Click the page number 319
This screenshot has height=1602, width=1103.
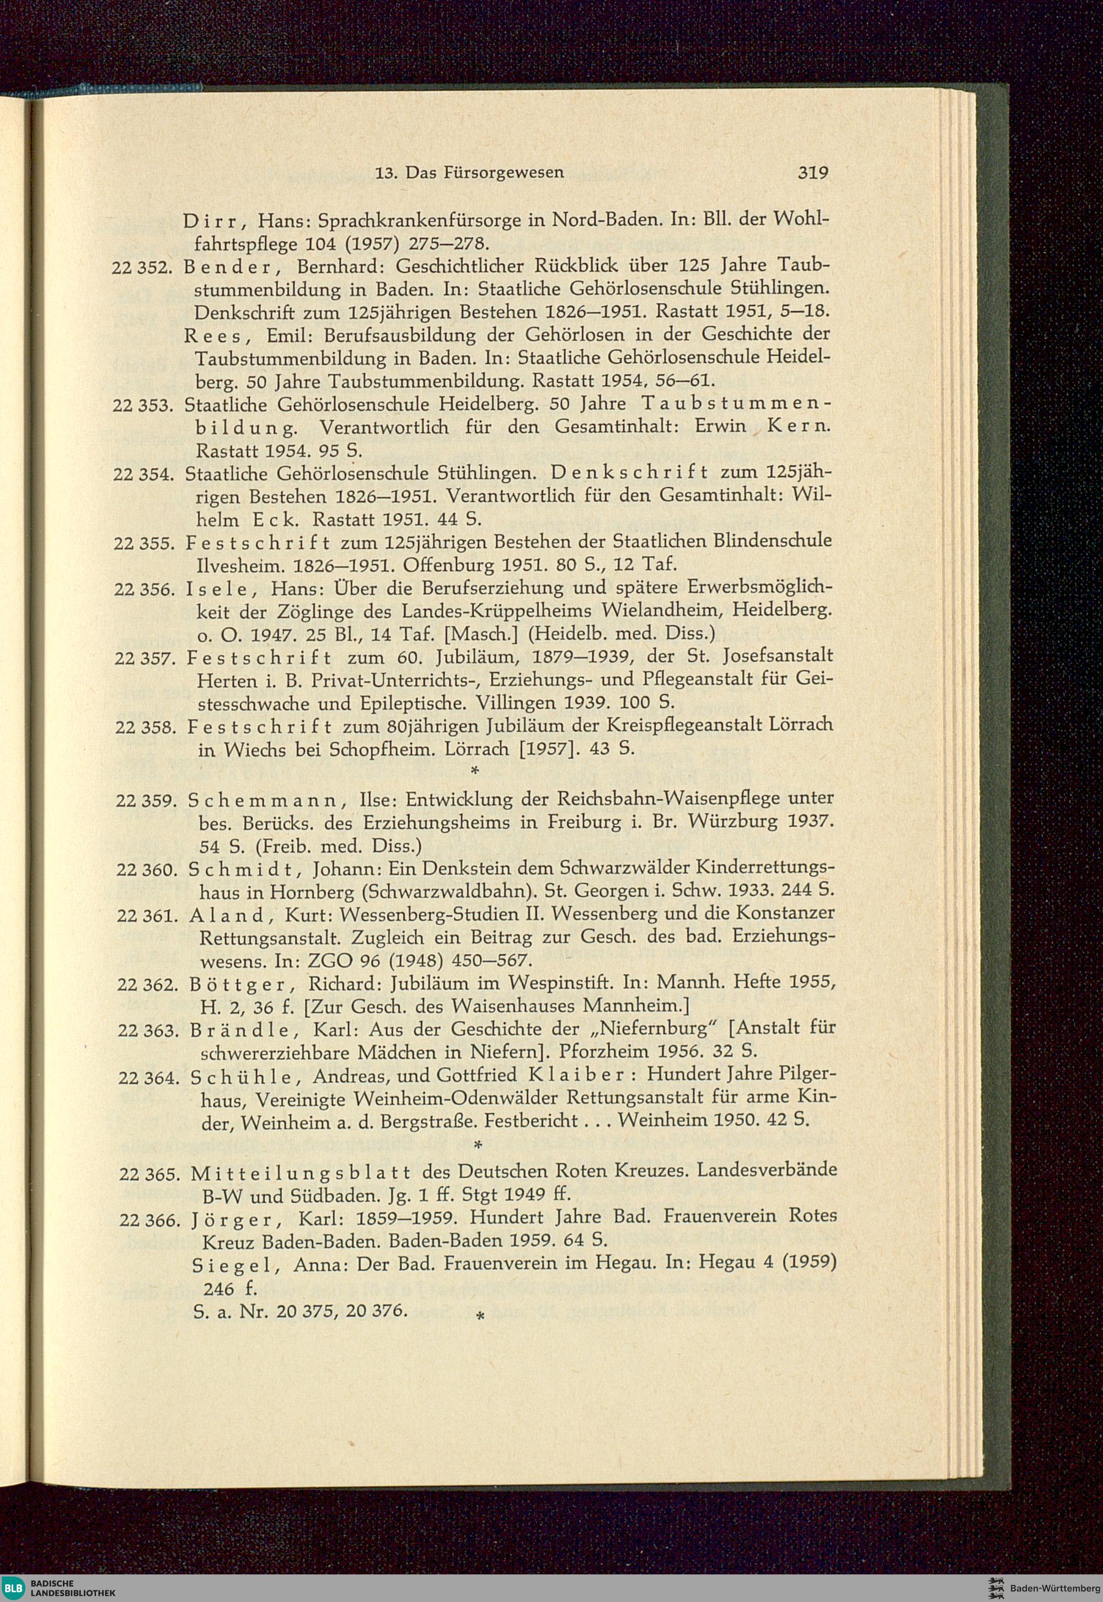coord(813,173)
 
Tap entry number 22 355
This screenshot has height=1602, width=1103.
coord(144,544)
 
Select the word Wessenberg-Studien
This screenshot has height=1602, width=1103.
coord(411,915)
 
